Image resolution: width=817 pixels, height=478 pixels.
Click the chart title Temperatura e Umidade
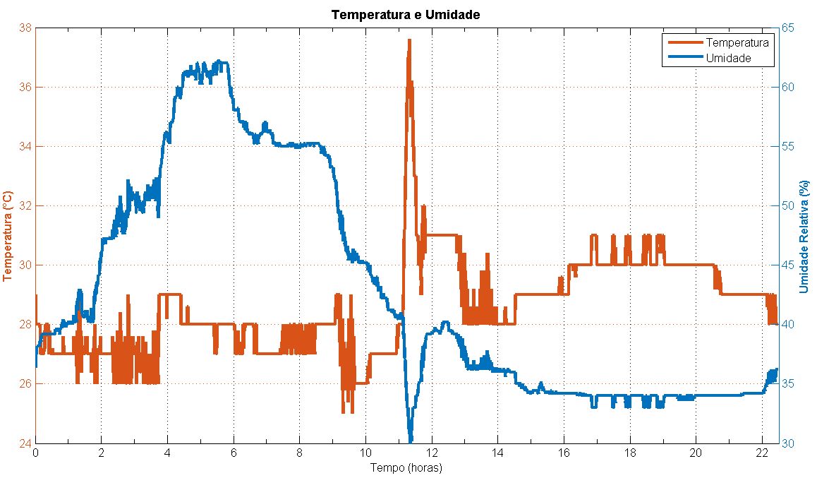coord(406,14)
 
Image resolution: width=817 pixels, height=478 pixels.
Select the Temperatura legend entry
coord(737,43)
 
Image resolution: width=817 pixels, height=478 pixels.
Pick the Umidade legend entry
coord(728,59)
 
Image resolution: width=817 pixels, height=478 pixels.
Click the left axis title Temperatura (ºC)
coord(8,236)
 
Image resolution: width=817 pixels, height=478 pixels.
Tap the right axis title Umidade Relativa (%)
coord(804,236)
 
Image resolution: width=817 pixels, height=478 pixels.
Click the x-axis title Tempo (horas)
coord(406,467)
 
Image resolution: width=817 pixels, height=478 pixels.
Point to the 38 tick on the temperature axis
coord(24,28)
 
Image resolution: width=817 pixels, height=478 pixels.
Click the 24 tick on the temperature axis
coord(24,443)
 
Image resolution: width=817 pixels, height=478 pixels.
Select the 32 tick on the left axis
coord(24,206)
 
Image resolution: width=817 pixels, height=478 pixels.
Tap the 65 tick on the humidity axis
coord(789,28)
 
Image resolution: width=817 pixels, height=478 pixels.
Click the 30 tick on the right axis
coord(789,443)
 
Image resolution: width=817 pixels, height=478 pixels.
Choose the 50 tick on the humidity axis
coord(789,206)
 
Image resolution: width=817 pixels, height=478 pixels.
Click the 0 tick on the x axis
coord(35,453)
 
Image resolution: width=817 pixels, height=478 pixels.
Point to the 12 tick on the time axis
coord(432,453)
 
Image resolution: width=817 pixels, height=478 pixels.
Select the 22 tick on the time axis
coord(762,453)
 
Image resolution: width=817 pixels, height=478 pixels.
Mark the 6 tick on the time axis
coord(234,453)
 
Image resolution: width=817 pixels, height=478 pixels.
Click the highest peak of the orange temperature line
coord(409,40)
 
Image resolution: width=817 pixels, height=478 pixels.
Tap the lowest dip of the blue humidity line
coord(411,441)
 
